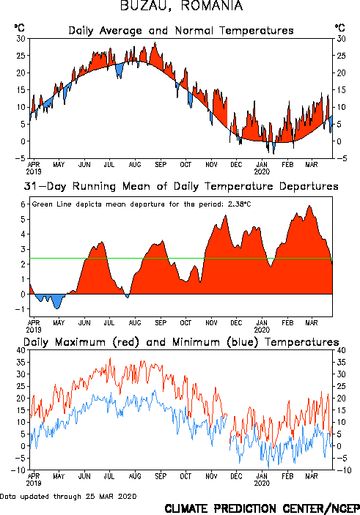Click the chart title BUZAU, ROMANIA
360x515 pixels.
pos(181,6)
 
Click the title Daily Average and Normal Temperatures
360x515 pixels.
pos(181,31)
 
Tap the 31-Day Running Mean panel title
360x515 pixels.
pos(181,186)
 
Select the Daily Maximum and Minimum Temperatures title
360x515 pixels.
pos(181,342)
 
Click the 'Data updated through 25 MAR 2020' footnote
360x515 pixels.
pos(68,496)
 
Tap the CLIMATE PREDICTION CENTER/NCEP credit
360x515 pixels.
pos(262,508)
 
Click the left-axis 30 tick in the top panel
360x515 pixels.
pos(21,39)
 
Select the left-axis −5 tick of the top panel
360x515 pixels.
pos(20,158)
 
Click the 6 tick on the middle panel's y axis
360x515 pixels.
pos(23,204)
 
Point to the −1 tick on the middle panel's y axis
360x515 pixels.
pos(21,309)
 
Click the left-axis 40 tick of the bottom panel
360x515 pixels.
pos(21,350)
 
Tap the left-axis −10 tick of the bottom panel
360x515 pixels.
pos(18,470)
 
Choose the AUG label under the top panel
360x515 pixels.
pos(135,165)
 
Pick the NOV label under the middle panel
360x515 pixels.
pos(211,323)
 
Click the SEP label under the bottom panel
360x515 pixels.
pos(161,476)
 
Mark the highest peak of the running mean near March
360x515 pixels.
pos(309,206)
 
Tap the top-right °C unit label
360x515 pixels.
pos(340,28)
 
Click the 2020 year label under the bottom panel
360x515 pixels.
pos(262,483)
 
